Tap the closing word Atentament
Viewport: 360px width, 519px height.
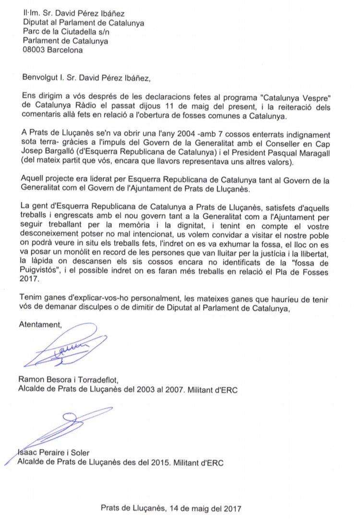click(41, 325)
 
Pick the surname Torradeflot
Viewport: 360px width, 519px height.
click(104, 381)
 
